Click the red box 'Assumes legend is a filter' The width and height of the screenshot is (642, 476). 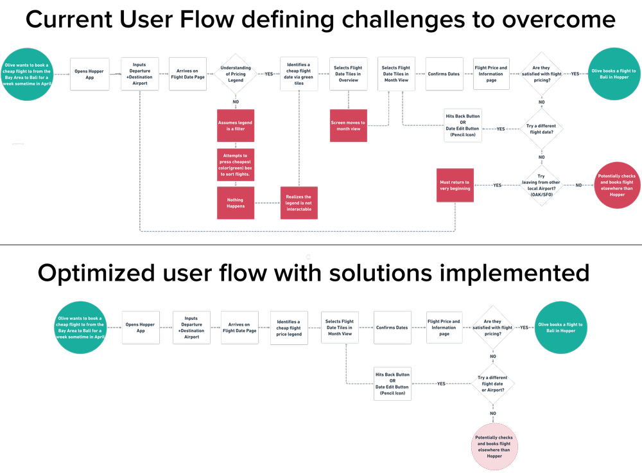(x=236, y=125)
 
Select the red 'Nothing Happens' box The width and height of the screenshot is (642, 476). (x=236, y=203)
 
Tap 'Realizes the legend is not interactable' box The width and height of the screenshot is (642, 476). (x=299, y=203)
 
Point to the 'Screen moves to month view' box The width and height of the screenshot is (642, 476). (x=348, y=125)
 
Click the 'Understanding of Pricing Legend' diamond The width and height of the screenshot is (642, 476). (x=236, y=74)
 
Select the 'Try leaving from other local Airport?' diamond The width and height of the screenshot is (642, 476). (x=541, y=186)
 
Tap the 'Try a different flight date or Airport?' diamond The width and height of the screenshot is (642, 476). (x=493, y=384)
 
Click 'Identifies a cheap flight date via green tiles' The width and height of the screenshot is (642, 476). (x=299, y=74)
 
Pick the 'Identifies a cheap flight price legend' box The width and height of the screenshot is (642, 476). (x=288, y=328)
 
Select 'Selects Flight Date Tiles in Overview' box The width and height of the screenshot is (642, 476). (x=348, y=74)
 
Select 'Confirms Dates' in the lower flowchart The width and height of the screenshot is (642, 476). (x=392, y=328)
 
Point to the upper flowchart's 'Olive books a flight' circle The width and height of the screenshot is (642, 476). (x=613, y=74)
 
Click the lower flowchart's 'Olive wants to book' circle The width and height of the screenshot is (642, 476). (x=80, y=328)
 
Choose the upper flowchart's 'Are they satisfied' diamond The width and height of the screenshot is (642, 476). (x=541, y=74)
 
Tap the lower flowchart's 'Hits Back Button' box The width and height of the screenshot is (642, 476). (x=392, y=384)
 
